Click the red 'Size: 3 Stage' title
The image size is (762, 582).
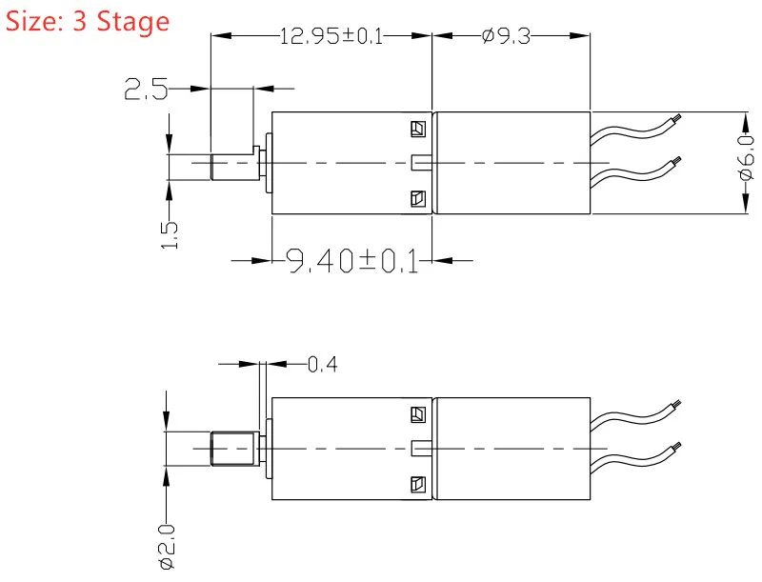[x=88, y=22]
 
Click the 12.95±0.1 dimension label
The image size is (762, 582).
[x=331, y=36]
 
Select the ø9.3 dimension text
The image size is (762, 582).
[x=506, y=36]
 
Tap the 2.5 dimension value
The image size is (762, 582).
[x=146, y=89]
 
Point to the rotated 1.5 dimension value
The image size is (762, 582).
[x=170, y=235]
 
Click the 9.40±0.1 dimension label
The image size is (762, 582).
[x=351, y=261]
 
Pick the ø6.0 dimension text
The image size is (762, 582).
[x=747, y=158]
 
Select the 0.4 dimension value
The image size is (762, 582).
[x=323, y=364]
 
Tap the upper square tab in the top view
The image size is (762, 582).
[x=418, y=129]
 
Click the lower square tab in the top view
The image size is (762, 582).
[x=418, y=198]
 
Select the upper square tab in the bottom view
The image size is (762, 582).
[x=418, y=414]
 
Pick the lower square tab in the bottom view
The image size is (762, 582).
[x=418, y=484]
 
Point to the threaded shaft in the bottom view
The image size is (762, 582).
[x=232, y=449]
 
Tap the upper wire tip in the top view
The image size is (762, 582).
[x=677, y=117]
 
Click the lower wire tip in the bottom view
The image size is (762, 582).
[x=677, y=446]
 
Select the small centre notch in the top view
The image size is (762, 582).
[x=422, y=163]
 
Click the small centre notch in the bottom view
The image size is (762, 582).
[x=422, y=449]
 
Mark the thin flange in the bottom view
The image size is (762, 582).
[x=269, y=449]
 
